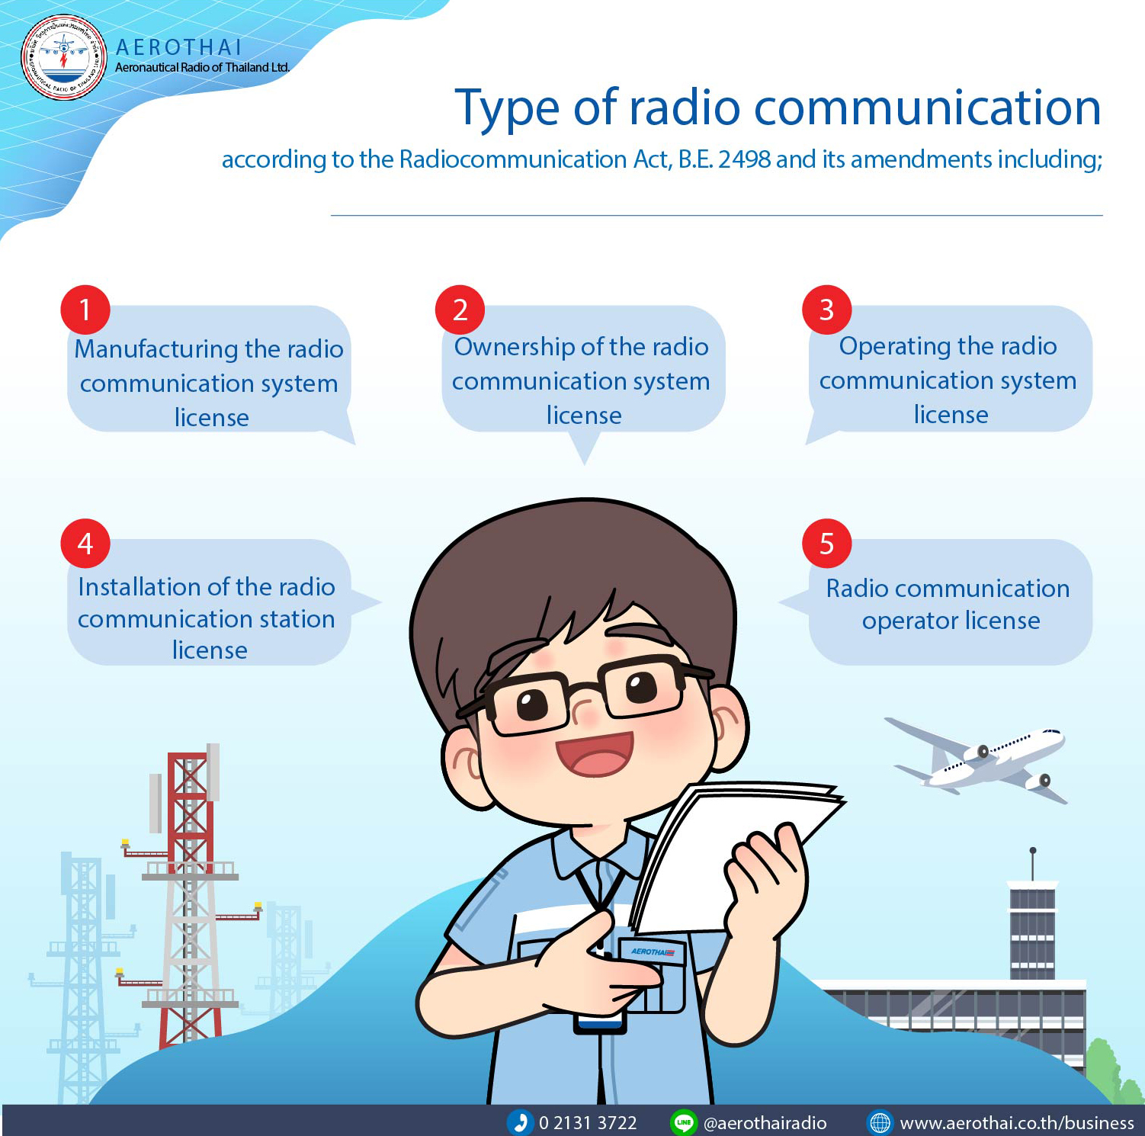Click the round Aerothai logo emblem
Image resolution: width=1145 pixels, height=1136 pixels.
tap(64, 58)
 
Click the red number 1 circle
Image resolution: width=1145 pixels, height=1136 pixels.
tap(85, 310)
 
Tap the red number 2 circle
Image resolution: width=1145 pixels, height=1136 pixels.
tap(460, 310)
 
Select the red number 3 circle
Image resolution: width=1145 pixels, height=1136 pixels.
tap(826, 310)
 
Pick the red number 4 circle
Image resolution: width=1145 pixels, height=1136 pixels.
tap(85, 544)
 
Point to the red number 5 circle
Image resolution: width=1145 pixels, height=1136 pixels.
tap(826, 544)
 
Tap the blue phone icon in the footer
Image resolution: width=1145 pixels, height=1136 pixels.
tap(520, 1122)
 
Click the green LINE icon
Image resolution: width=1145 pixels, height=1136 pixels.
tap(683, 1122)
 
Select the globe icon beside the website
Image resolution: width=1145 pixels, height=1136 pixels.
tap(880, 1122)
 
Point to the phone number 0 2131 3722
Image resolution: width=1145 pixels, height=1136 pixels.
tap(587, 1123)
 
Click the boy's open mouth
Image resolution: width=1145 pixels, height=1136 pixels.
tap(595, 754)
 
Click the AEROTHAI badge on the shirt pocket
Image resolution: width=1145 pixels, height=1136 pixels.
tap(652, 951)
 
